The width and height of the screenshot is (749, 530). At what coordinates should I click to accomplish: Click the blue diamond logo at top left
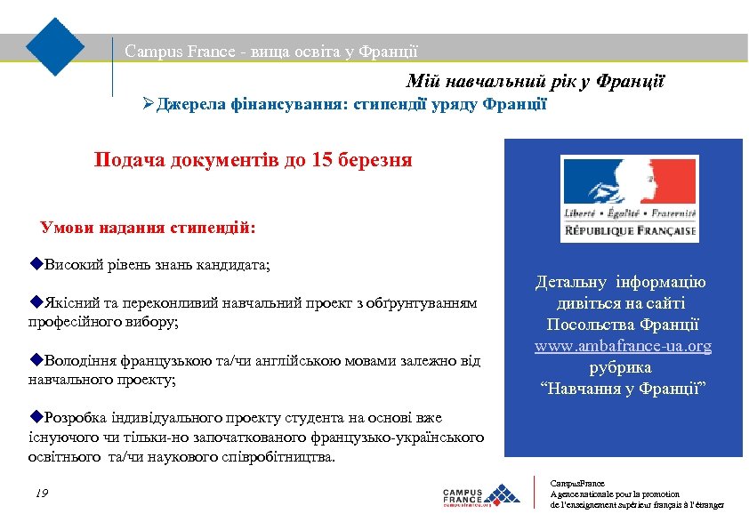55,46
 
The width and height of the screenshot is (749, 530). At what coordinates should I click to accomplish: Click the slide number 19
42,493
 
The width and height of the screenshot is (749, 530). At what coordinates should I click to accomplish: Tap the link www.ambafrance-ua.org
623,346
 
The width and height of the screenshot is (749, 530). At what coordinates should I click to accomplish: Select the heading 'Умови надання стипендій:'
148,227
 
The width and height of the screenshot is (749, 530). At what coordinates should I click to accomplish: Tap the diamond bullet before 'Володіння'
35,360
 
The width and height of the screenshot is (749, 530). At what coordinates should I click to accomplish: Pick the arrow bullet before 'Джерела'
149,105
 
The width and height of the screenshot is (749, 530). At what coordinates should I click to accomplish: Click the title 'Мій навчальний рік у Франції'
536,83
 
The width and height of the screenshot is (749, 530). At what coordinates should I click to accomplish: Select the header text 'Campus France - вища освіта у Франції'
271,52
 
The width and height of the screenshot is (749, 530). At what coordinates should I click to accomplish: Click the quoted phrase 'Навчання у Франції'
623,389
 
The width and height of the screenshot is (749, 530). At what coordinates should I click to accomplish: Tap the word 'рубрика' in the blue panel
621,367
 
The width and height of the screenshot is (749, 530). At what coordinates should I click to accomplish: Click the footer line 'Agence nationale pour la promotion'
616,494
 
